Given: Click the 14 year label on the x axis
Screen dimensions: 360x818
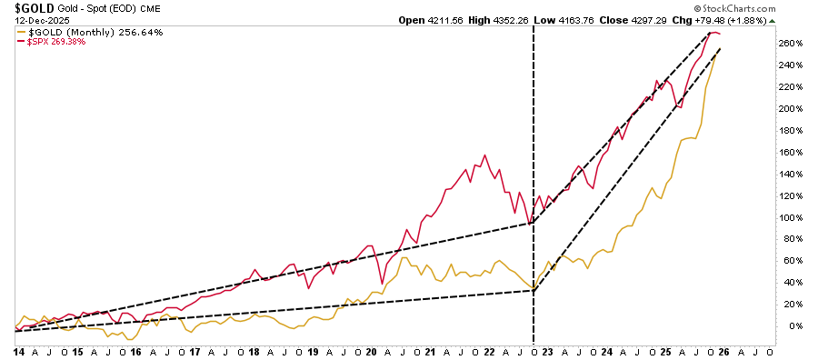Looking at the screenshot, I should (17, 351).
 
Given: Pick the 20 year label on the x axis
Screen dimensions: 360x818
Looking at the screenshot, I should (372, 351).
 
